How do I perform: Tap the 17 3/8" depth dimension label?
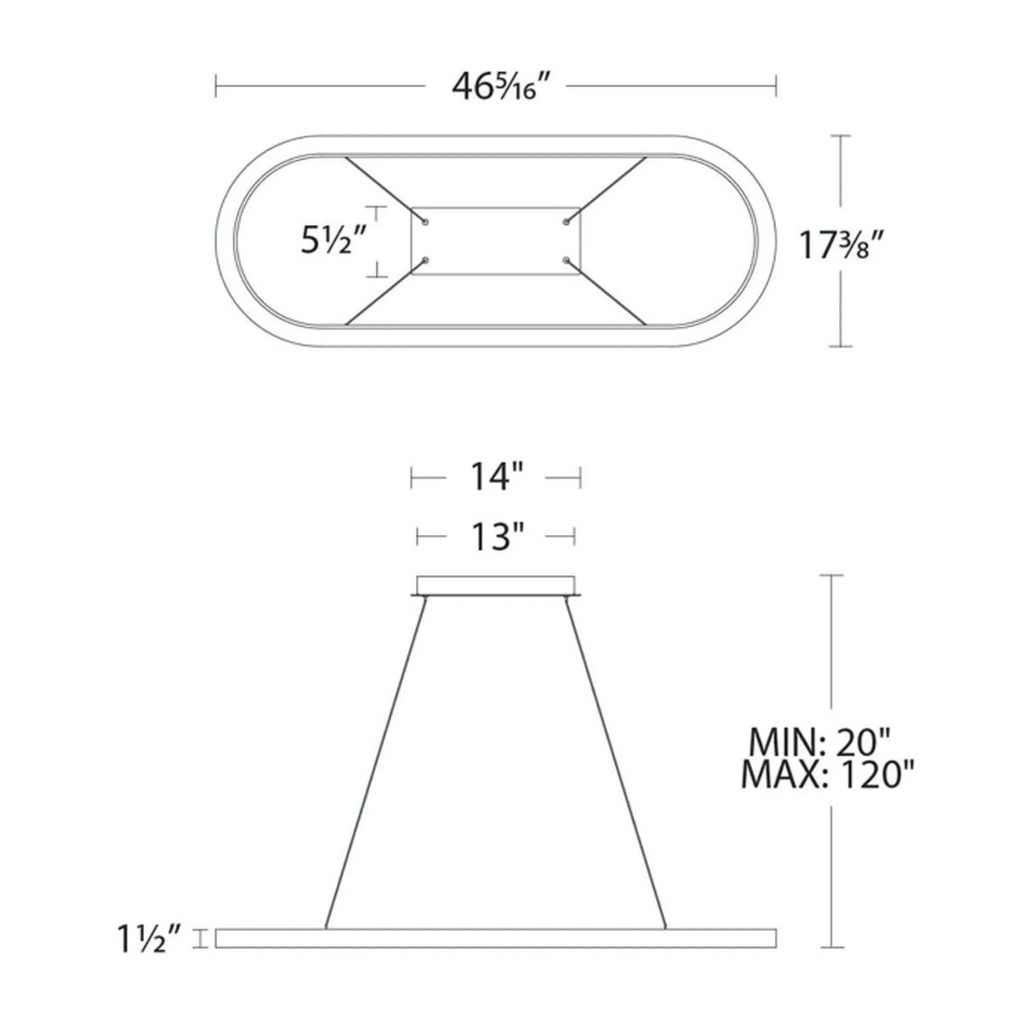click(x=841, y=245)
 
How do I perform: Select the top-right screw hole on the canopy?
click(x=566, y=222)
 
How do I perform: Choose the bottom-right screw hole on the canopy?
click(x=566, y=260)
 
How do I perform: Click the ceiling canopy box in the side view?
click(x=496, y=585)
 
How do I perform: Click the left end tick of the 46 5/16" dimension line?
click(x=216, y=87)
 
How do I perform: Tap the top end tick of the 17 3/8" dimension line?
click(x=840, y=136)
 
